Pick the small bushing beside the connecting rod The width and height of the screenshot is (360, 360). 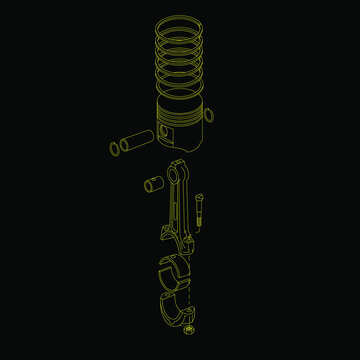click(154, 184)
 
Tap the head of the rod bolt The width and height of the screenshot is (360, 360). click(200, 197)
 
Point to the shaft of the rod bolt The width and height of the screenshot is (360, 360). click(200, 215)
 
